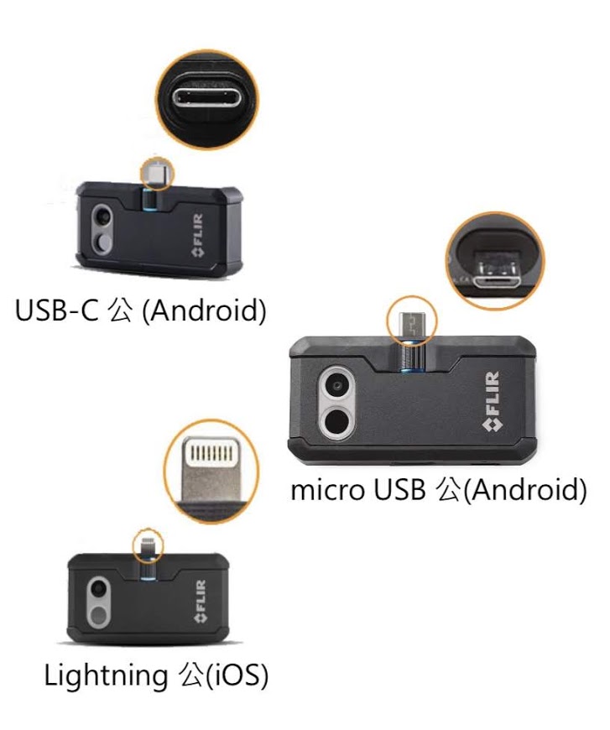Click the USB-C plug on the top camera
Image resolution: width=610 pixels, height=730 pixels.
(x=154, y=174)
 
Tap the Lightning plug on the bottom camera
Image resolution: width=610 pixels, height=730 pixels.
(x=149, y=546)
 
